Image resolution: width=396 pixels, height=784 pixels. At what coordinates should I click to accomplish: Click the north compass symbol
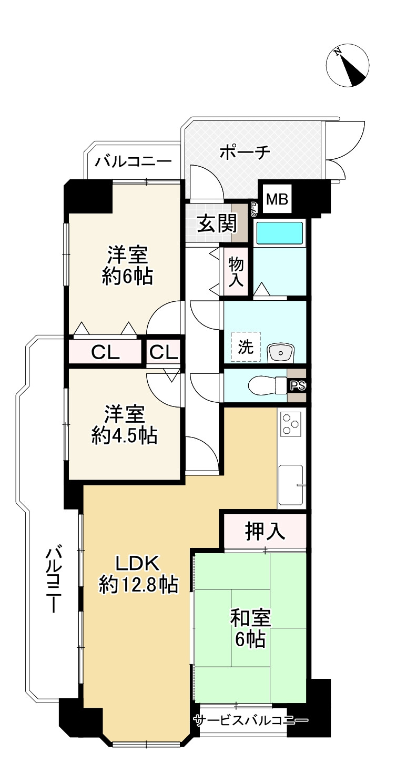347,65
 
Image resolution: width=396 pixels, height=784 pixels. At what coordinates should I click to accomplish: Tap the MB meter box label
277,199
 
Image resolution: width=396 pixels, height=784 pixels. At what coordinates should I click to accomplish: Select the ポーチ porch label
245,152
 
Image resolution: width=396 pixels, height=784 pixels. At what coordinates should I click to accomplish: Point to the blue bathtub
279,233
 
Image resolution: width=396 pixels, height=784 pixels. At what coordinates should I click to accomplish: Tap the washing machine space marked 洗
246,347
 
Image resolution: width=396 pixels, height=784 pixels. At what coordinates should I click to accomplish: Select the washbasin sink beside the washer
281,353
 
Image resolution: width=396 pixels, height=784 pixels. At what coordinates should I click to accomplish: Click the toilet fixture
268,386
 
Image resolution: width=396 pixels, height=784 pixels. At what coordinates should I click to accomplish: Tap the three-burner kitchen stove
291,423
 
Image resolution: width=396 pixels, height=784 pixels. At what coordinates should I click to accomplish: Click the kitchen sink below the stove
290,485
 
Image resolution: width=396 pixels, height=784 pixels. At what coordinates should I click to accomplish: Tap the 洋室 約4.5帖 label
124,424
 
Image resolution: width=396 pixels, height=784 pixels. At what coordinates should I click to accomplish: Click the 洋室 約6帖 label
127,266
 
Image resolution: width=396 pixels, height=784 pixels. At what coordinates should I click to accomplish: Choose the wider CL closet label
105,352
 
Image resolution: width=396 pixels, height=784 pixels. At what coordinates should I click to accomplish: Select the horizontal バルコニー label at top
134,161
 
